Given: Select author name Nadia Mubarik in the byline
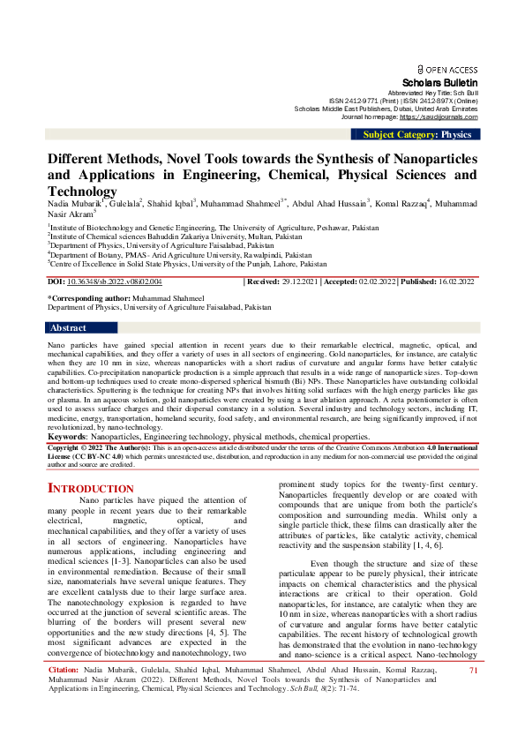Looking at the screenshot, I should (x=74, y=204).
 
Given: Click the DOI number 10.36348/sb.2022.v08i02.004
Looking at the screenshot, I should (x=115, y=281).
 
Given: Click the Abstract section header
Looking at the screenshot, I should (x=68, y=327).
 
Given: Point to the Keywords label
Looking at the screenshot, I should (x=67, y=436).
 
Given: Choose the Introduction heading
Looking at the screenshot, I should (x=91, y=488).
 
